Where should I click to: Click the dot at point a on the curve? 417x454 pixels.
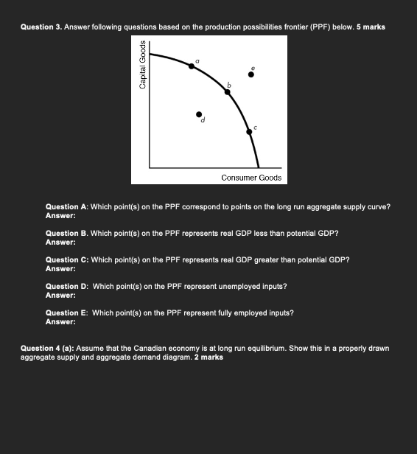coord(192,66)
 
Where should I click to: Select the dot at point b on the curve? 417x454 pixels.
coord(227,93)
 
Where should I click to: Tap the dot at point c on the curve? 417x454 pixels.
coord(249,132)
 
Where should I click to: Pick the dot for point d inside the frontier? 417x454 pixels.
coord(198,115)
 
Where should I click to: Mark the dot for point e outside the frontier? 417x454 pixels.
coord(251,74)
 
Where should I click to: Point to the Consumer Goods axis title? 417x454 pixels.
coord(251,178)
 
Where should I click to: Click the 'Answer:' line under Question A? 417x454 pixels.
coord(60,216)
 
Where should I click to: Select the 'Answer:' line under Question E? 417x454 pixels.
coord(60,321)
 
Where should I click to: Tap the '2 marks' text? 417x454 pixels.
coord(208,357)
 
